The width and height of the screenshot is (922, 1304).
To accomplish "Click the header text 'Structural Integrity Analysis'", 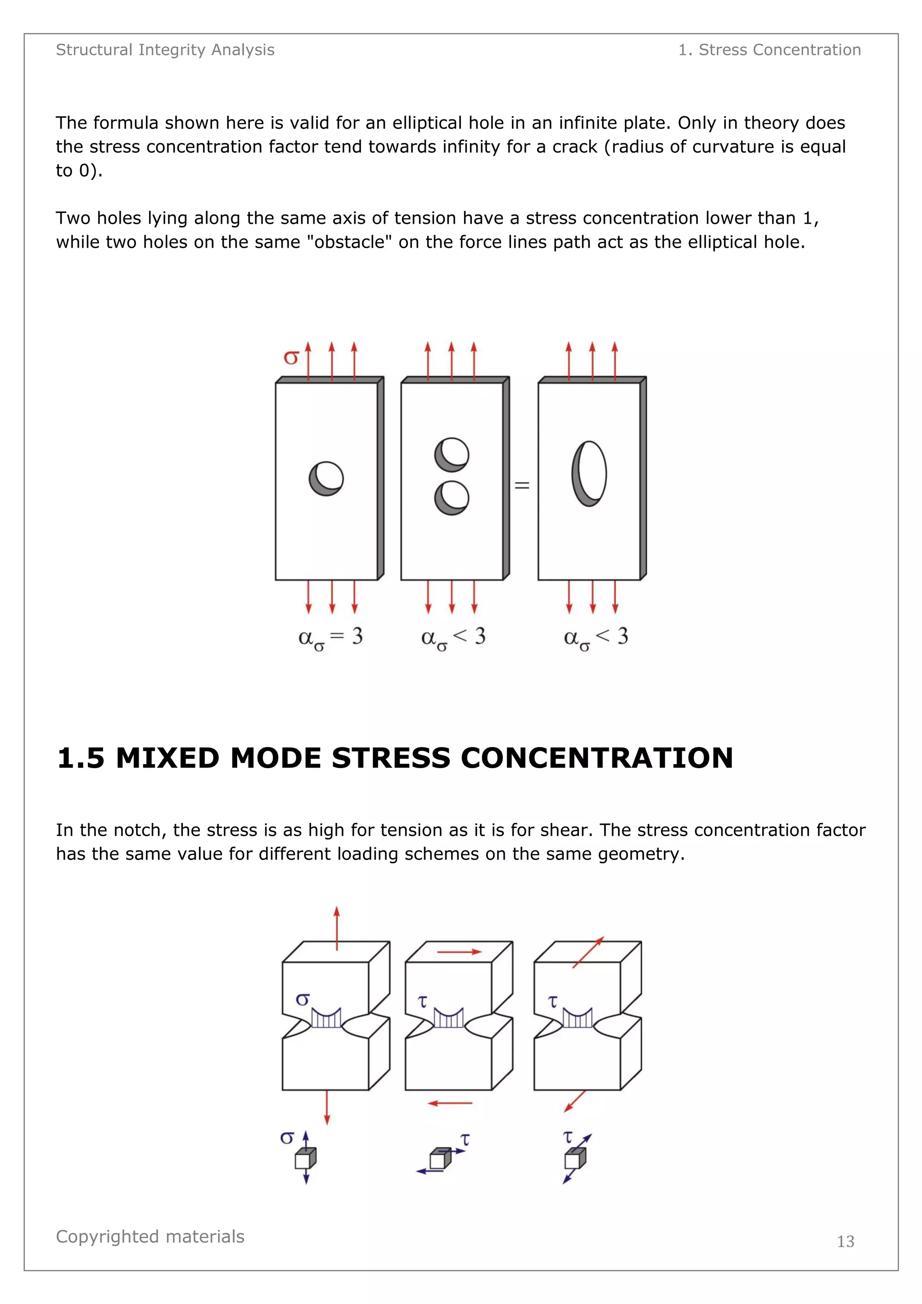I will (165, 50).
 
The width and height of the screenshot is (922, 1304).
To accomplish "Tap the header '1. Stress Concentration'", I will (769, 50).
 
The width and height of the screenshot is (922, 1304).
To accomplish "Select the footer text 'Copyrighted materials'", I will (150, 1236).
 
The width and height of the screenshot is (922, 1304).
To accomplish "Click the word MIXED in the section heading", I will (167, 758).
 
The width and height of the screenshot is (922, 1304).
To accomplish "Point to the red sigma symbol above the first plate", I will (291, 357).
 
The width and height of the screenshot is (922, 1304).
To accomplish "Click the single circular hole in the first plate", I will (326, 478).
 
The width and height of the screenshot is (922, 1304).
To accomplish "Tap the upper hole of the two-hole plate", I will (452, 454).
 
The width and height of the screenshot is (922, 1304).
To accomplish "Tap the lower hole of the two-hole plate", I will (452, 498).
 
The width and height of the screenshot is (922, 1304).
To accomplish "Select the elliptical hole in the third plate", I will (589, 473).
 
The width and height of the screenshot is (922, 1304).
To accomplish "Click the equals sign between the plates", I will (522, 485).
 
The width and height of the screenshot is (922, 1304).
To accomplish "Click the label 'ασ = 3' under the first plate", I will (330, 637).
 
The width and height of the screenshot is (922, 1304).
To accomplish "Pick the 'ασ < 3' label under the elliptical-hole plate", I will (596, 637).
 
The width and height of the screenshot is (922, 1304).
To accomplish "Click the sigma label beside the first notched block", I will (303, 999).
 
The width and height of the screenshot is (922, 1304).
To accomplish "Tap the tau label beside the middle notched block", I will (422, 1001).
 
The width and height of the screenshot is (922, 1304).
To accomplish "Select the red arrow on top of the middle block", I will (459, 951).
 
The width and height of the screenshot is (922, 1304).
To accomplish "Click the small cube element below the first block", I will (305, 1159).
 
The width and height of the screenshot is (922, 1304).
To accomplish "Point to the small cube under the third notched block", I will (574, 1159).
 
